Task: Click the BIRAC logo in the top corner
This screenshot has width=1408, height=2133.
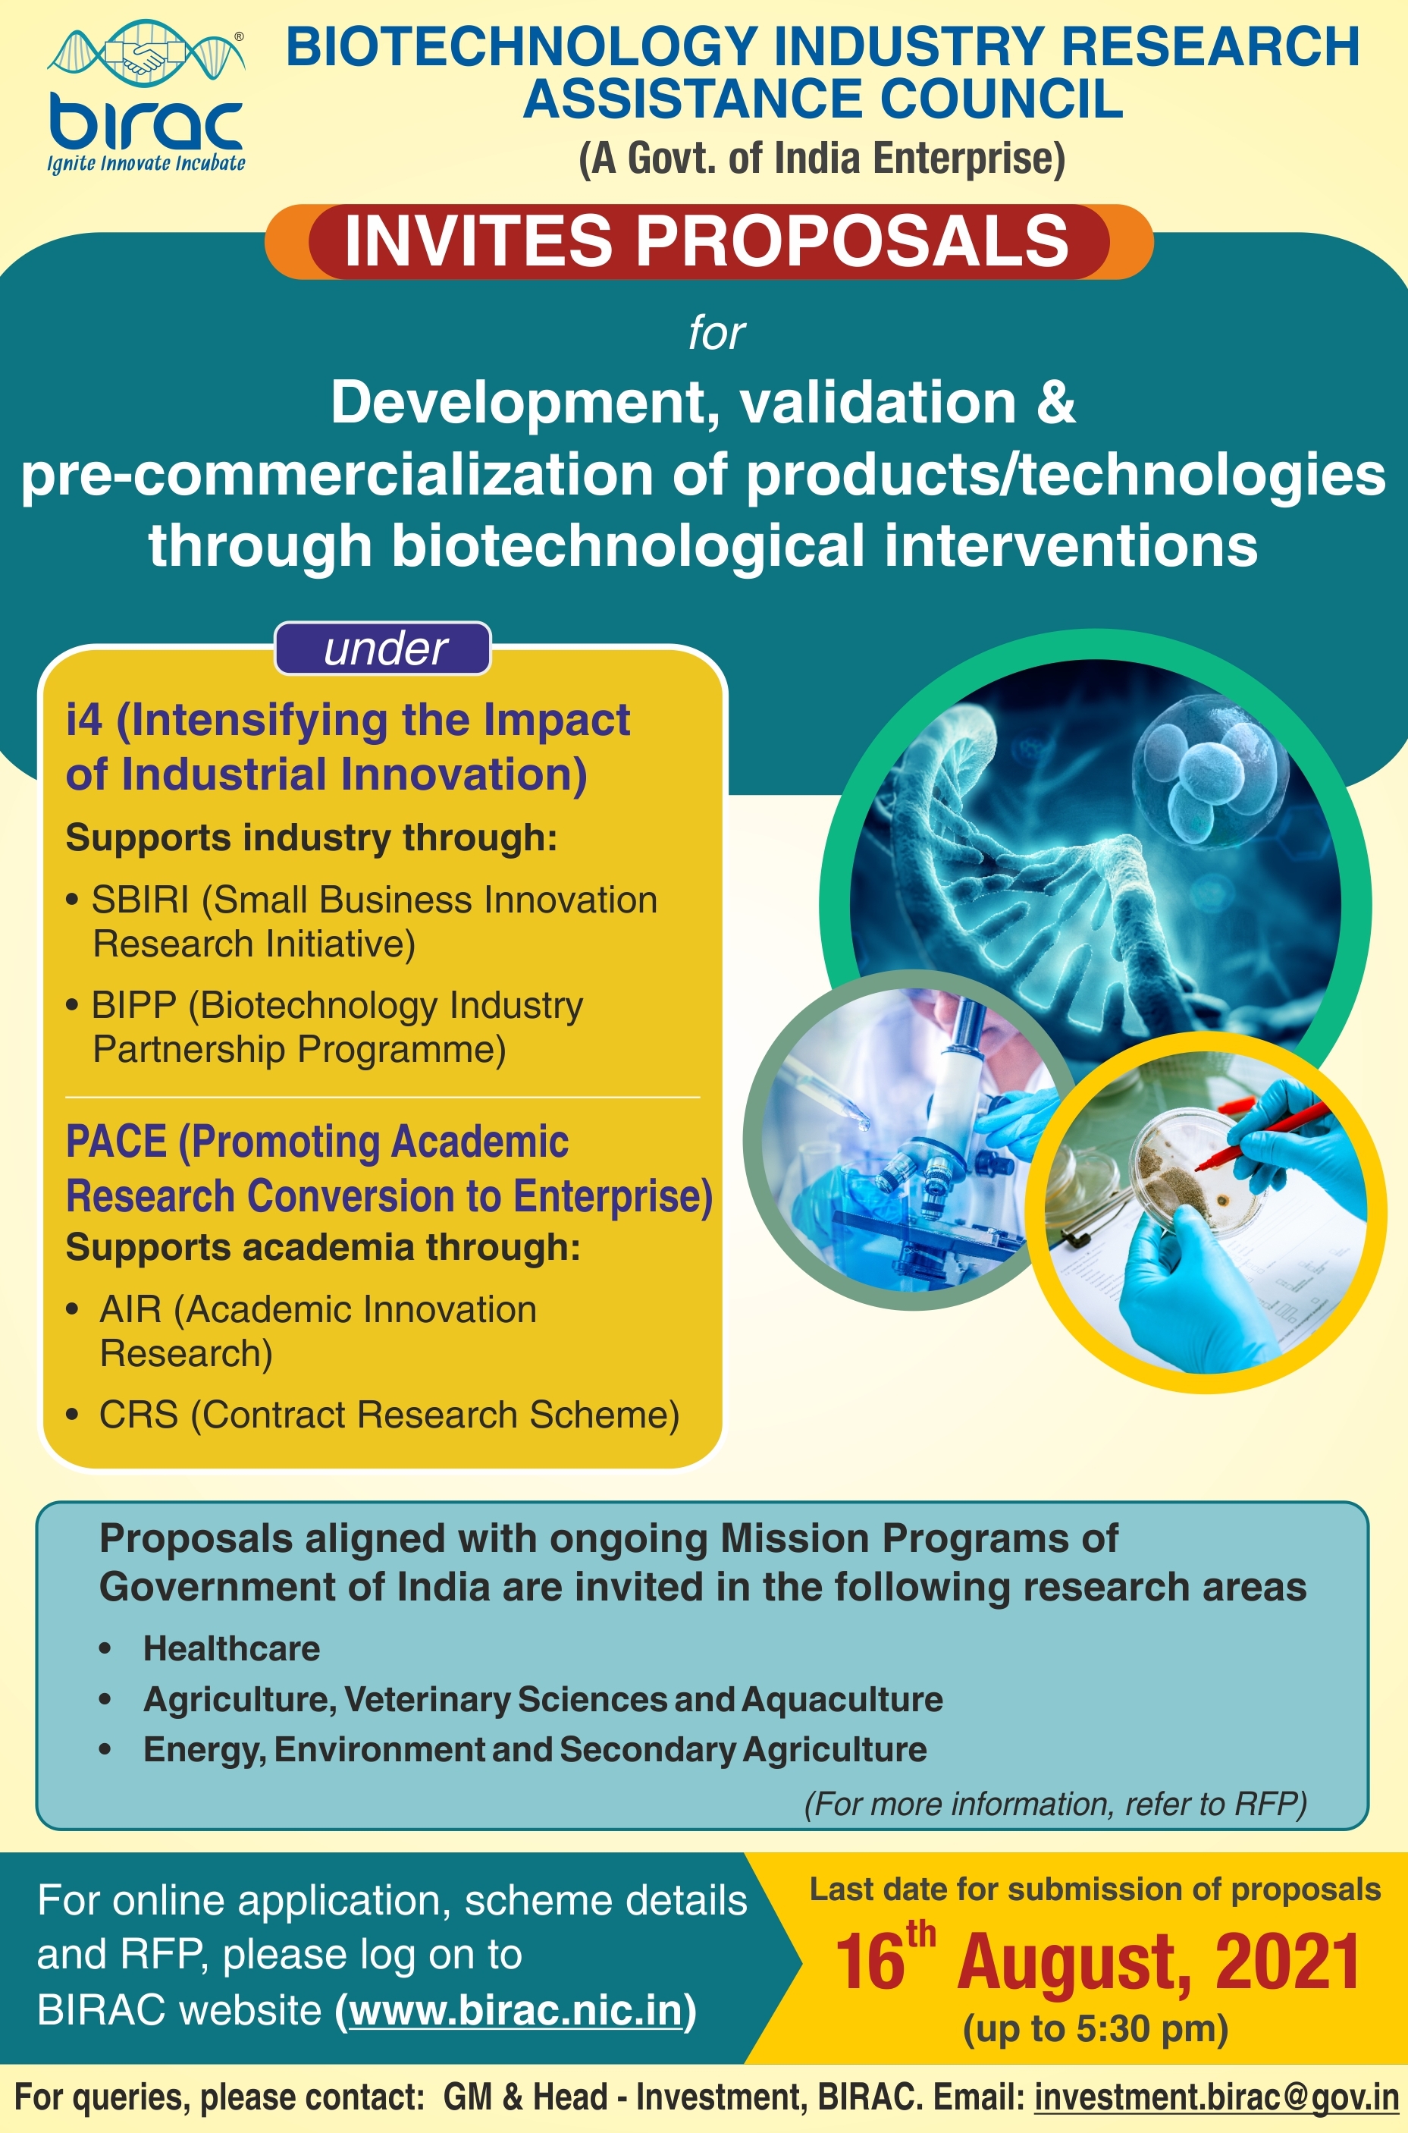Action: click(146, 97)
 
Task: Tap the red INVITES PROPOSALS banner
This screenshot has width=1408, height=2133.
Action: click(708, 241)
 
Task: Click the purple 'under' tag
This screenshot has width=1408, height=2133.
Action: click(384, 649)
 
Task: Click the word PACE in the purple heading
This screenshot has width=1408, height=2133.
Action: click(116, 1142)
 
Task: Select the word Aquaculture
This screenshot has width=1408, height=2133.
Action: click(842, 1700)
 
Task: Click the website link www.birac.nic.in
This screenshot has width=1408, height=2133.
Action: click(516, 2010)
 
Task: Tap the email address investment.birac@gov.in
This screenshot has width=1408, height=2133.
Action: click(1217, 2097)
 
